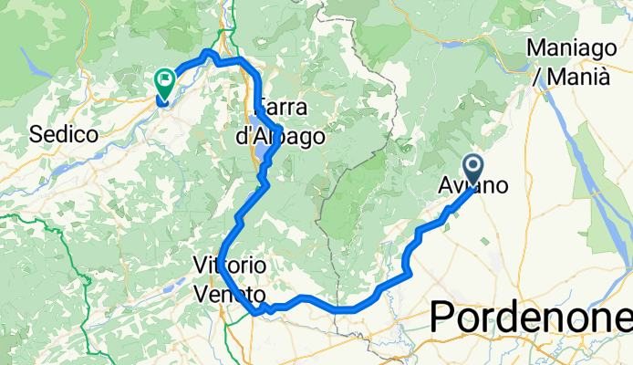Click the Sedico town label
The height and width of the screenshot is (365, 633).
64,134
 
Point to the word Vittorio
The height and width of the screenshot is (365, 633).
230,265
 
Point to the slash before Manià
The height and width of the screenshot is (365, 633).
538,78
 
